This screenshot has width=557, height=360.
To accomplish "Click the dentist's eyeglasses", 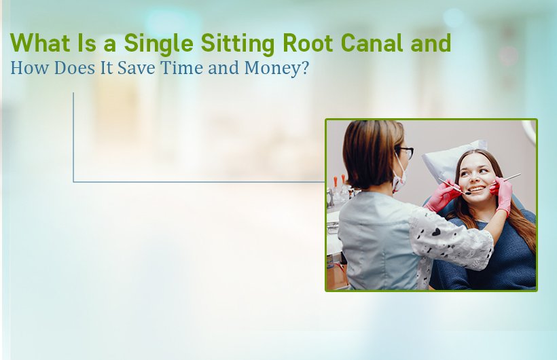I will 406,153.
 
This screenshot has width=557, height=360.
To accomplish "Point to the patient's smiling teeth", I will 478,188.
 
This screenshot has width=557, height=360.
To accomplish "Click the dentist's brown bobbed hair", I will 370,153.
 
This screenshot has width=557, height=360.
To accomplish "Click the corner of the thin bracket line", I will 73,182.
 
